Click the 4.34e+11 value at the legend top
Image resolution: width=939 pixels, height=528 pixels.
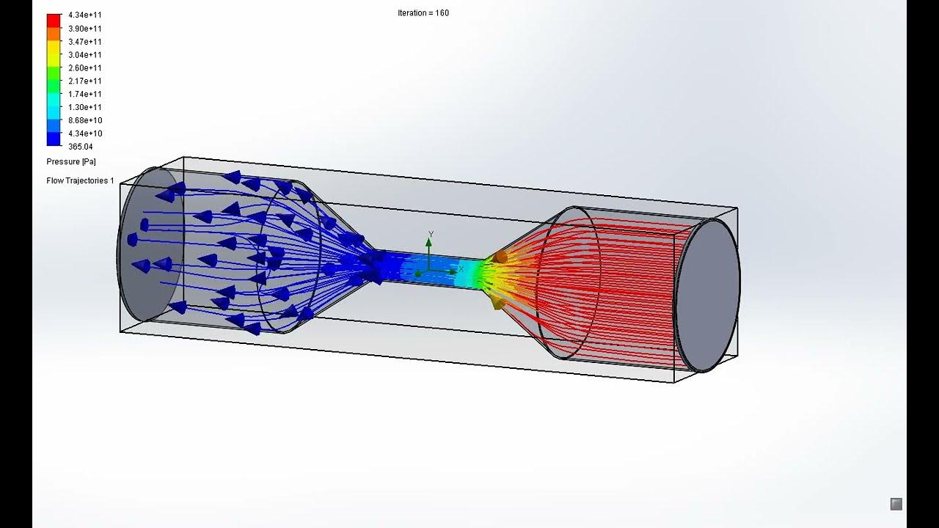click(x=85, y=15)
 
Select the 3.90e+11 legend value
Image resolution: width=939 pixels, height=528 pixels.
click(x=85, y=28)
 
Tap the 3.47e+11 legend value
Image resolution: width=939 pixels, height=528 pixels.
click(x=85, y=42)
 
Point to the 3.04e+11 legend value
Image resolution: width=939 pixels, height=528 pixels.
click(x=85, y=55)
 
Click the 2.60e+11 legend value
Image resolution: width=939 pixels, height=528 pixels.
click(x=85, y=68)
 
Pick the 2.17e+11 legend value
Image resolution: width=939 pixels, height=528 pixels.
click(x=85, y=81)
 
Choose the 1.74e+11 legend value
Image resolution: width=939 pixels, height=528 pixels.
click(x=85, y=95)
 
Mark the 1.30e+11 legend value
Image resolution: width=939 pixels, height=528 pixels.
click(x=85, y=108)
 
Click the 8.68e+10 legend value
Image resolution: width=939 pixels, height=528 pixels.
click(x=85, y=121)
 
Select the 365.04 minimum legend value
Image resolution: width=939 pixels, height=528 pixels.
click(x=80, y=147)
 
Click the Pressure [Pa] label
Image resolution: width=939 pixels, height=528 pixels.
click(x=71, y=161)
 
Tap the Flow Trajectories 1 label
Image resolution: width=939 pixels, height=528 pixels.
click(x=80, y=180)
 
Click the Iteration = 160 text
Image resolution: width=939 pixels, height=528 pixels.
click(x=423, y=13)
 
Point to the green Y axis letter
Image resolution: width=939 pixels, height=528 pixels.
click(x=431, y=235)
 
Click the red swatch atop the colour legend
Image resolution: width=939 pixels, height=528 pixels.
click(x=54, y=21)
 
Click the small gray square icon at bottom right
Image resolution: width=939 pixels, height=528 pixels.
click(x=896, y=504)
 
